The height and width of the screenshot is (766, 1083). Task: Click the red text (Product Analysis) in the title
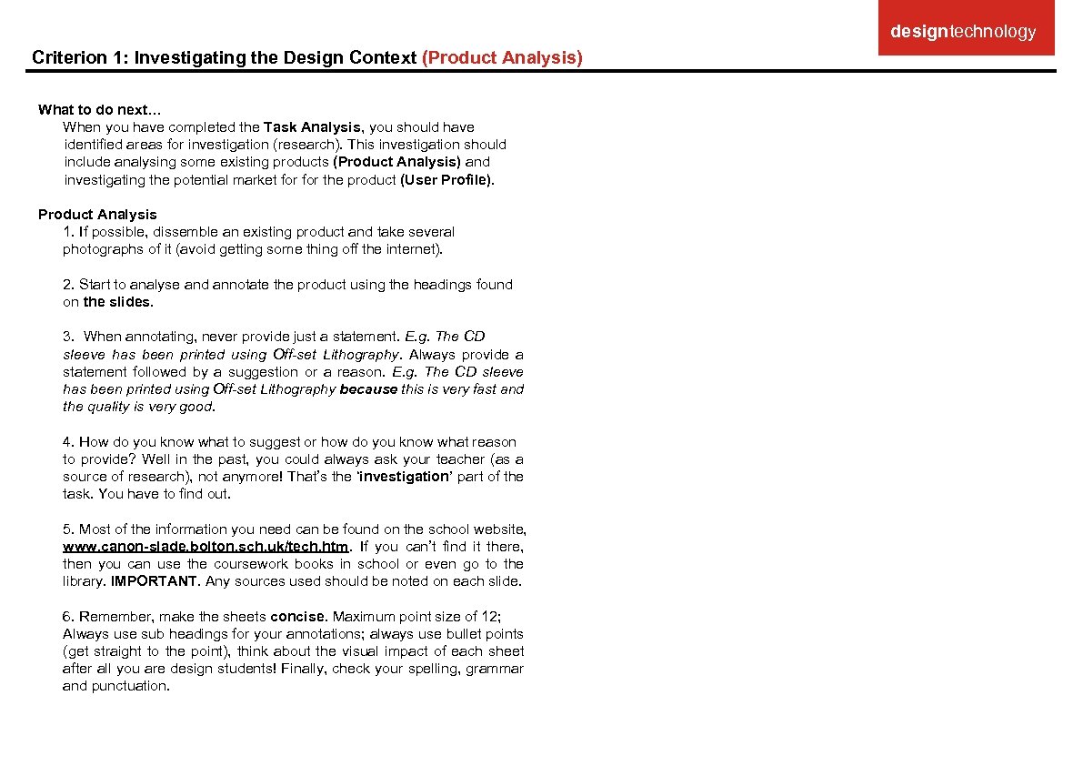502,58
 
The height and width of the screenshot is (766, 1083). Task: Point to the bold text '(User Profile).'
447,180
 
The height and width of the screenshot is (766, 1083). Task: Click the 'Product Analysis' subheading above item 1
97,215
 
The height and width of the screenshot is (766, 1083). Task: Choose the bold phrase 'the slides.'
118,302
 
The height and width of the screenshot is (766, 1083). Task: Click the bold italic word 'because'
368,389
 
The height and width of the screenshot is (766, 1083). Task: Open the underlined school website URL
206,547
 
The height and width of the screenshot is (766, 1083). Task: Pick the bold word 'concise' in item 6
297,617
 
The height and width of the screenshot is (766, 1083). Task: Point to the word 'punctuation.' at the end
131,687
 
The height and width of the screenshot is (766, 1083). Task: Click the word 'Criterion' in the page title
69,58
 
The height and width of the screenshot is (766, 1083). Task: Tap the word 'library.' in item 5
84,581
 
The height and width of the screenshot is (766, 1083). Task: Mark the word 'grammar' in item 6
495,670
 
